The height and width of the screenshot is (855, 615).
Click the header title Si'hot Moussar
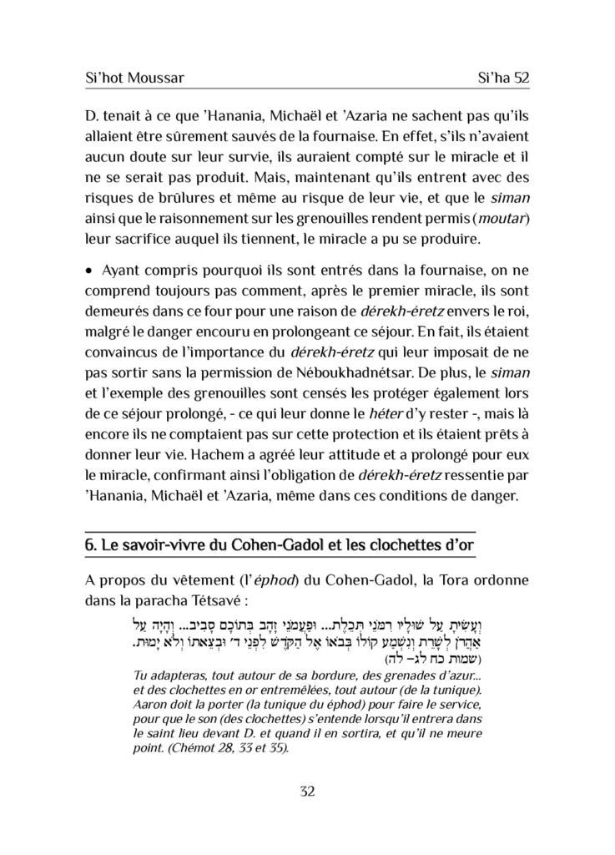(134, 79)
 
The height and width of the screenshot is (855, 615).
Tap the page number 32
(307, 792)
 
